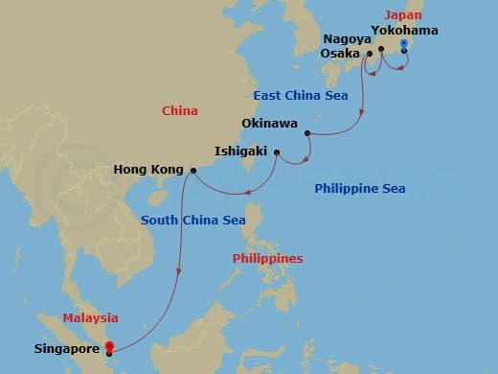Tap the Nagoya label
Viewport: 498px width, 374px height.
pos(345,38)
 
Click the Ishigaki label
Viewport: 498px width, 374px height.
pos(241,152)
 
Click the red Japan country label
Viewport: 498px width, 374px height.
pos(401,14)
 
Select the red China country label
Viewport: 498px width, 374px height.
pos(179,111)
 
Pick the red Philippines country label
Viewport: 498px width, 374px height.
pos(267,259)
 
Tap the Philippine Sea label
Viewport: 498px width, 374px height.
pos(359,189)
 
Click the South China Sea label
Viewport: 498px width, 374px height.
pos(192,220)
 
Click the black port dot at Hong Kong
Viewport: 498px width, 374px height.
pos(193,171)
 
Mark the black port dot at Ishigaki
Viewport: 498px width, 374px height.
pos(276,152)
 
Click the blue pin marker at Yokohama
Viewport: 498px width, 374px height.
pos(403,45)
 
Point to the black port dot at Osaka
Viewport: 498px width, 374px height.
pos(369,54)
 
